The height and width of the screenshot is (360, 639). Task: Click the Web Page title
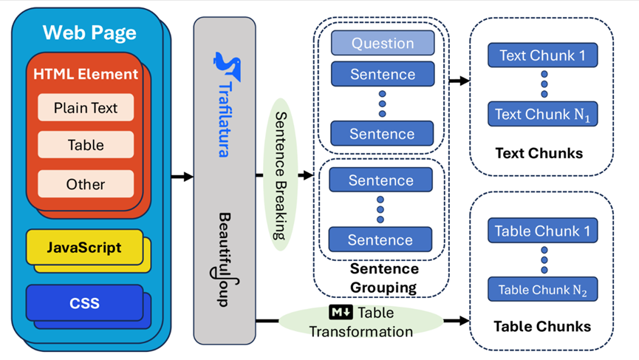(89, 33)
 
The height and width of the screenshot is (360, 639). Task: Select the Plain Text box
(86, 108)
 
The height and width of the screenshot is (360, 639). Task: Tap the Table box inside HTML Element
(86, 146)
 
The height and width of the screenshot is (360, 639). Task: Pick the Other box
(86, 184)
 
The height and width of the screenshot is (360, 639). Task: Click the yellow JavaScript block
(83, 247)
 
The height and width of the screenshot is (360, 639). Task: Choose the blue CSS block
(84, 303)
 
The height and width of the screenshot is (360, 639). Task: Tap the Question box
(382, 44)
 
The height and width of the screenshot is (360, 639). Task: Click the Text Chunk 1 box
(542, 55)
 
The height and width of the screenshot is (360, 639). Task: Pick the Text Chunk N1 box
(542, 115)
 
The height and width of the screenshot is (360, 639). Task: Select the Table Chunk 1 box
(542, 231)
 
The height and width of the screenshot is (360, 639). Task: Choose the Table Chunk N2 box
(542, 290)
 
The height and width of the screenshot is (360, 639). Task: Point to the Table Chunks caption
(542, 326)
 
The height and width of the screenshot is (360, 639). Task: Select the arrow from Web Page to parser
(181, 177)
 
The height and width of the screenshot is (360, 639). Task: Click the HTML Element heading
(86, 74)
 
